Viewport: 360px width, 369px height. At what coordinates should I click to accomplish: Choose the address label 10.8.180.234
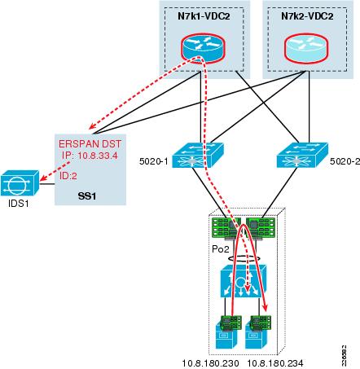(x=277, y=362)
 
